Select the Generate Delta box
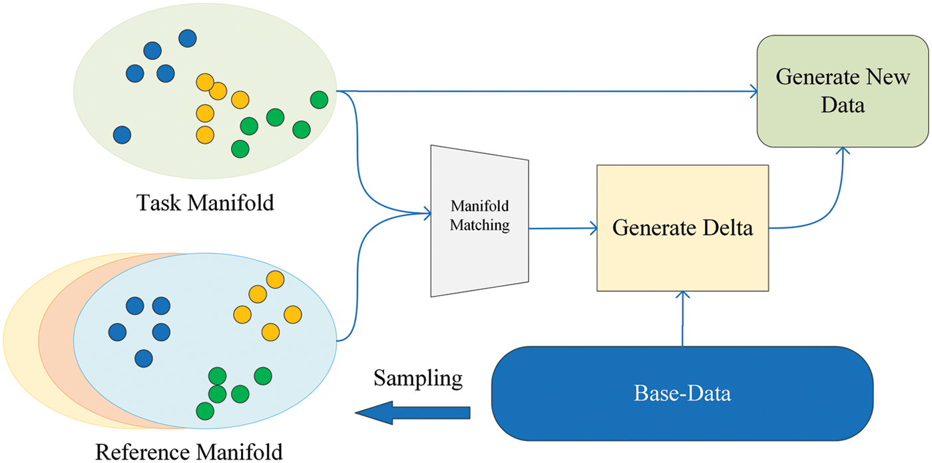click(x=682, y=228)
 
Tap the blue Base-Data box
click(x=682, y=393)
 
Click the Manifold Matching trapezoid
click(x=480, y=219)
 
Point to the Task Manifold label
click(x=205, y=202)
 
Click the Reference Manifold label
click(x=189, y=452)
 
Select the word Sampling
click(x=417, y=378)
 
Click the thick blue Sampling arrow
click(x=413, y=413)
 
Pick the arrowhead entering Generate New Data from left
click(x=754, y=91)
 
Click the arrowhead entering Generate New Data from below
click(x=843, y=151)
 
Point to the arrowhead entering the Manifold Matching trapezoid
click(x=427, y=213)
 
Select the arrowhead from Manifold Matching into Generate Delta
click(x=592, y=229)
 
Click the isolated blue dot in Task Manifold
click(x=122, y=135)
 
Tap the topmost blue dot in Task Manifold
click(x=188, y=39)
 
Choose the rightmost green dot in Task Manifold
click(x=320, y=100)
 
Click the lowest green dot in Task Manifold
click(x=240, y=149)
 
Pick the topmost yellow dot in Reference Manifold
click(x=274, y=279)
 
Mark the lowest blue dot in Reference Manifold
click(x=143, y=358)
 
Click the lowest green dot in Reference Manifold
click(x=205, y=409)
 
